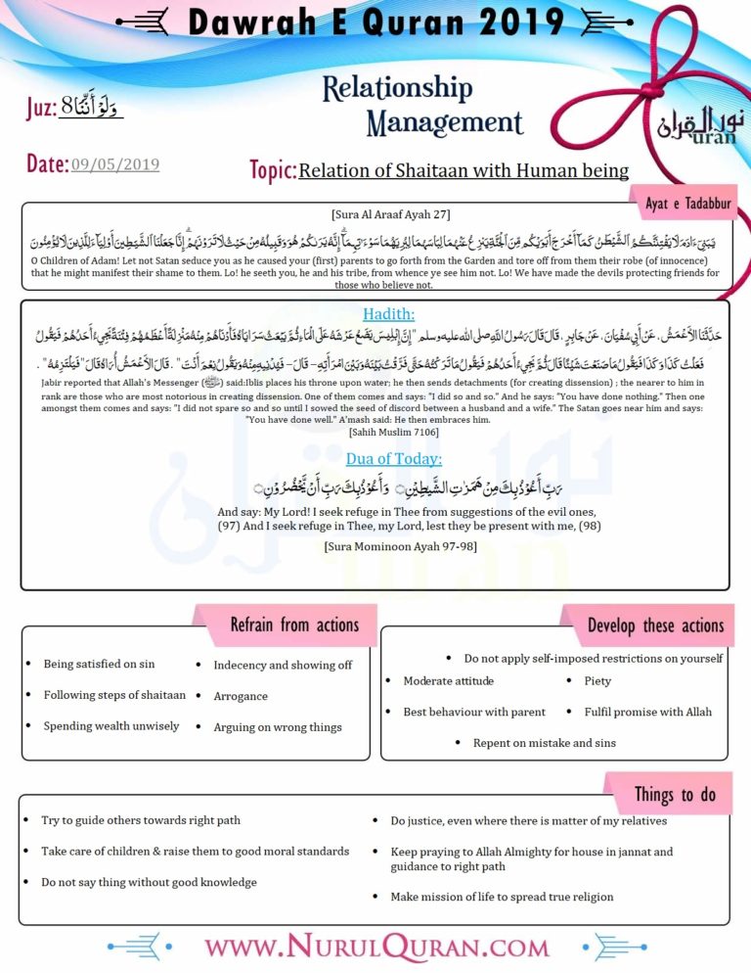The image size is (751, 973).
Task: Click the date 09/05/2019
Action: click(x=114, y=164)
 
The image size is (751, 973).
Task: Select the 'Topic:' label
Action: click(x=273, y=171)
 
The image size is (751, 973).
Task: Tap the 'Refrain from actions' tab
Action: click(x=293, y=624)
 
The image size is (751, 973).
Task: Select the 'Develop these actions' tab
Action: click(x=655, y=625)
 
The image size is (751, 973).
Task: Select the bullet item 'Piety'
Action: click(x=596, y=681)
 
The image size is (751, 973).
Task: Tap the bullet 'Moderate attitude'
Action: click(x=448, y=681)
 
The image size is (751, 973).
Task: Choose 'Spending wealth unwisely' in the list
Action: click(x=110, y=726)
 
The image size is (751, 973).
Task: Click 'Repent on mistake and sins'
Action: click(x=544, y=743)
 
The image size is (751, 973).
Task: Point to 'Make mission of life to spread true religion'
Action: click(x=502, y=897)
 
